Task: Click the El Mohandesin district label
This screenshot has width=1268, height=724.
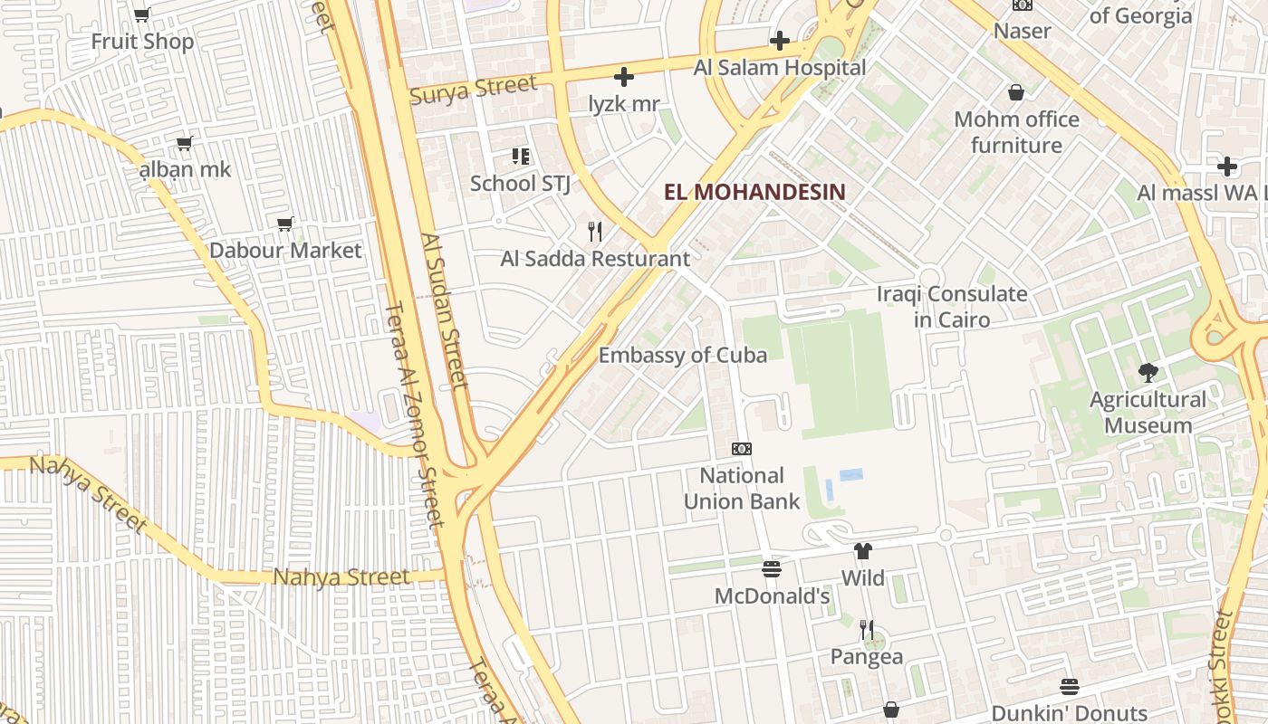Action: coord(754,192)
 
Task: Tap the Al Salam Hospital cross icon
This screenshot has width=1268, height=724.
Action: coord(779,41)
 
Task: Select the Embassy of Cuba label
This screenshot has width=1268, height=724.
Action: coord(683,355)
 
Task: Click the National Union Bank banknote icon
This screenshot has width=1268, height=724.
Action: coord(741,449)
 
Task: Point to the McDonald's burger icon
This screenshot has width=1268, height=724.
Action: coord(772,569)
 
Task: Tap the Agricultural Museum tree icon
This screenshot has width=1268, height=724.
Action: coord(1148,372)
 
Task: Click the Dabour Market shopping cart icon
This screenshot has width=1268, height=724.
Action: coord(285,224)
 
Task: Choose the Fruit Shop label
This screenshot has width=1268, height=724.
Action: coord(142,42)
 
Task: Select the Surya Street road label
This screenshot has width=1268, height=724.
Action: coord(474,90)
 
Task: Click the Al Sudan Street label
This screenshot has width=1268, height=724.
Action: coord(444,310)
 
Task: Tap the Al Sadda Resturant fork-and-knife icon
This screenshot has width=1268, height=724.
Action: coord(595,232)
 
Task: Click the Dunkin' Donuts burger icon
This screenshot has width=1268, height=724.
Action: coord(1070,687)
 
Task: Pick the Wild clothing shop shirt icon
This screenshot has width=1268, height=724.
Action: coord(862,550)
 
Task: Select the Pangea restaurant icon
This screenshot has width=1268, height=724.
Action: coord(867,630)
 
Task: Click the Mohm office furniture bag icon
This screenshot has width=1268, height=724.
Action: coord(1016,92)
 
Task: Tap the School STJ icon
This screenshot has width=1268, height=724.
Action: coord(520,157)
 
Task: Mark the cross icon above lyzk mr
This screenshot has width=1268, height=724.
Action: coord(624,77)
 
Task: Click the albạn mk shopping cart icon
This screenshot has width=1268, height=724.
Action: coord(185,143)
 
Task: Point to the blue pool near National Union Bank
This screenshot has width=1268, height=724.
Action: coord(850,474)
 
